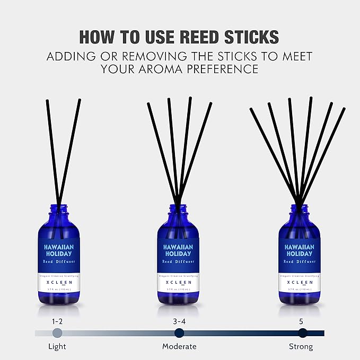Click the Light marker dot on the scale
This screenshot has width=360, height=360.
tap(57, 333)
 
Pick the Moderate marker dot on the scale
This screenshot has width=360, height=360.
tap(179, 333)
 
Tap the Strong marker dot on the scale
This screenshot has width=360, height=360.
tap(302, 333)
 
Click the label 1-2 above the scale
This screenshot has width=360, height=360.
tap(57, 321)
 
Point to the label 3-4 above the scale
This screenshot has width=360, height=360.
tap(179, 321)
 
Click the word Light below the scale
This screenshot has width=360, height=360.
tap(57, 347)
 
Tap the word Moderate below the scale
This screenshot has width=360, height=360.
tap(179, 347)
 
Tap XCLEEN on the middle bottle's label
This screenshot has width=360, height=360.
tap(178, 283)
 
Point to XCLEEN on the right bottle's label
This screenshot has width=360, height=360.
tap(299, 283)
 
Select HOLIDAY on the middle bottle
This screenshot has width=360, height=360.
tap(178, 253)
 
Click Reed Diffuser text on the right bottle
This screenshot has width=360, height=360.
tap(299, 262)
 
